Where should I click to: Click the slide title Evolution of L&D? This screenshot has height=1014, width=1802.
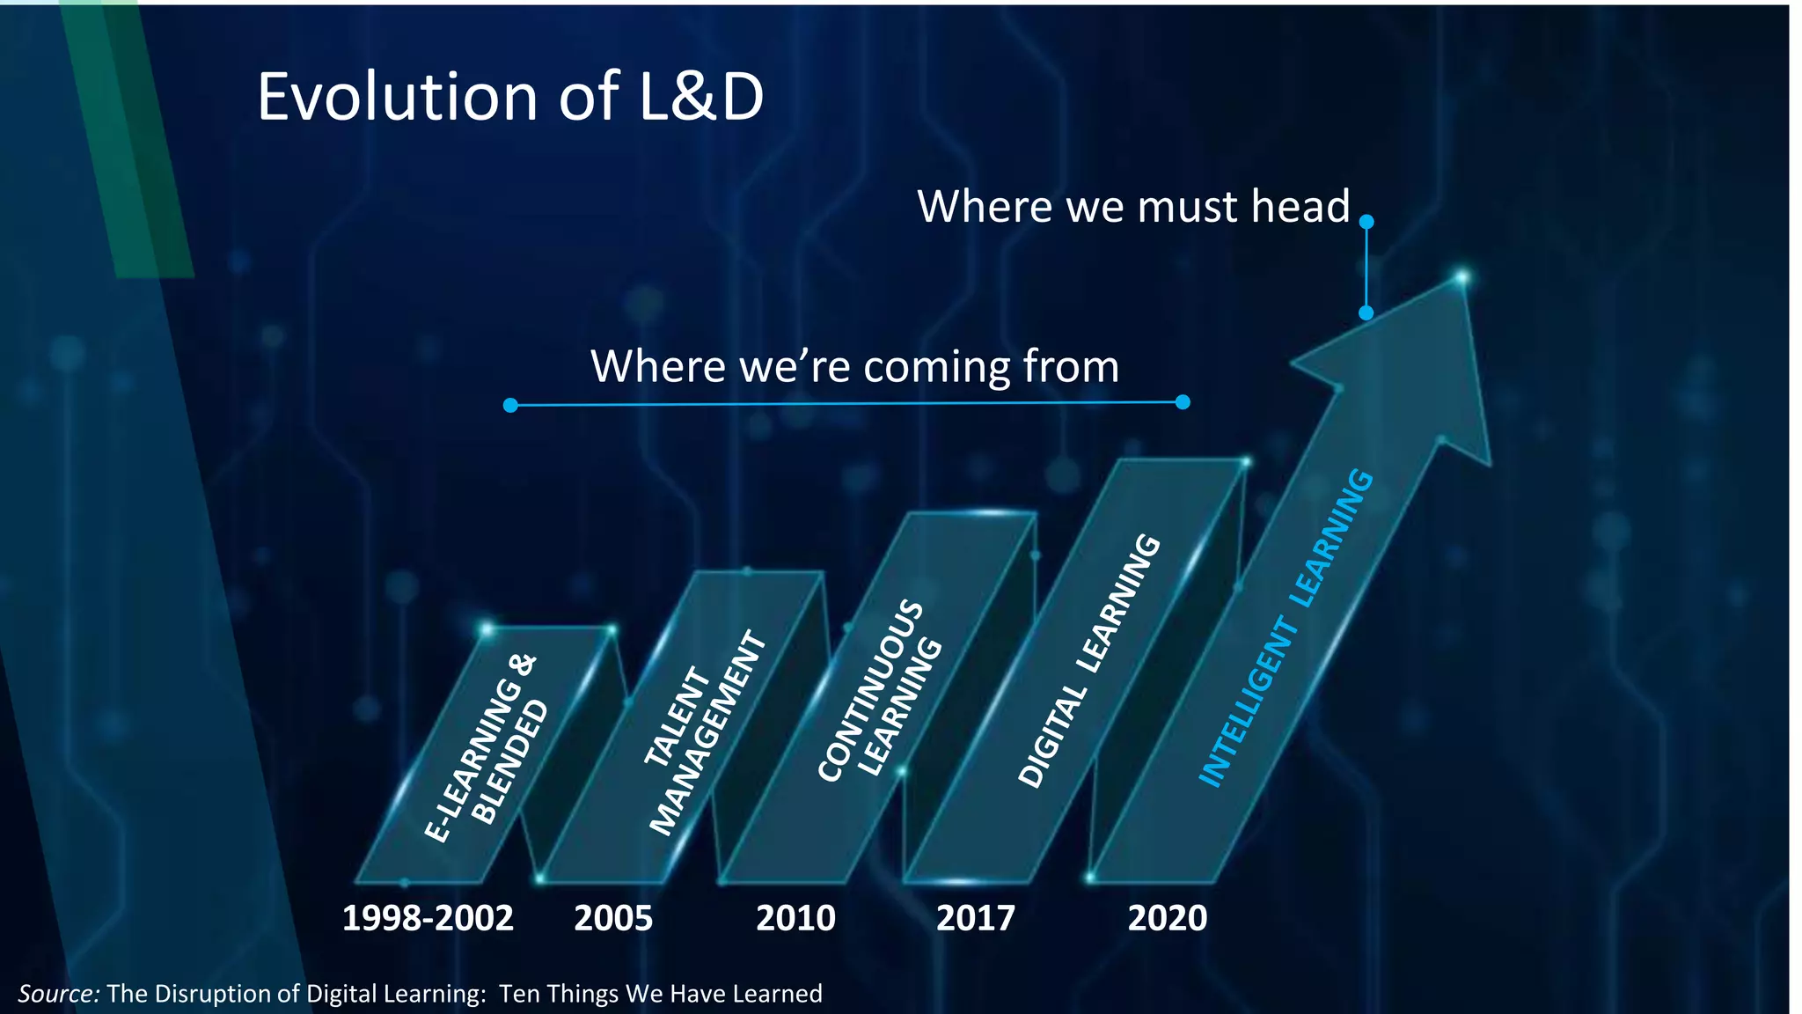click(x=510, y=97)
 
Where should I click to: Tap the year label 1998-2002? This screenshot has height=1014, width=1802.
click(x=428, y=919)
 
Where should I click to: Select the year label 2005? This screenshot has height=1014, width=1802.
click(x=613, y=919)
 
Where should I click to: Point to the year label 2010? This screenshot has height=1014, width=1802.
click(x=795, y=919)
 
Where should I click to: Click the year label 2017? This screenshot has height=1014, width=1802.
click(x=975, y=919)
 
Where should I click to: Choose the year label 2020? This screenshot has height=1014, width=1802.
click(x=1168, y=919)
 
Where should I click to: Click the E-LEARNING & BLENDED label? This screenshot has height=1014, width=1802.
click(x=487, y=748)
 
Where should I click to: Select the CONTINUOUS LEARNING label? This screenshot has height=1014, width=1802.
click(x=880, y=691)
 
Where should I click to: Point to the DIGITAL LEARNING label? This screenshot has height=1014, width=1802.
click(x=1089, y=660)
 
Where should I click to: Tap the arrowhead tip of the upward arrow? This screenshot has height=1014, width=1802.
click(x=1461, y=279)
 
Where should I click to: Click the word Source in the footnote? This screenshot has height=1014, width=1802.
click(x=58, y=994)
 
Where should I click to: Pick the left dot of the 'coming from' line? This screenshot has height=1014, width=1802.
click(x=510, y=405)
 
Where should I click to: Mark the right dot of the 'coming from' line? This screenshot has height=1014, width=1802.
click(x=1183, y=402)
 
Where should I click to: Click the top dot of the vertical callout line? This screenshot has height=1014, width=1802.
click(x=1366, y=223)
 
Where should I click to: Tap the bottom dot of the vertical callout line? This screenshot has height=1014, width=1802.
click(x=1366, y=312)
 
